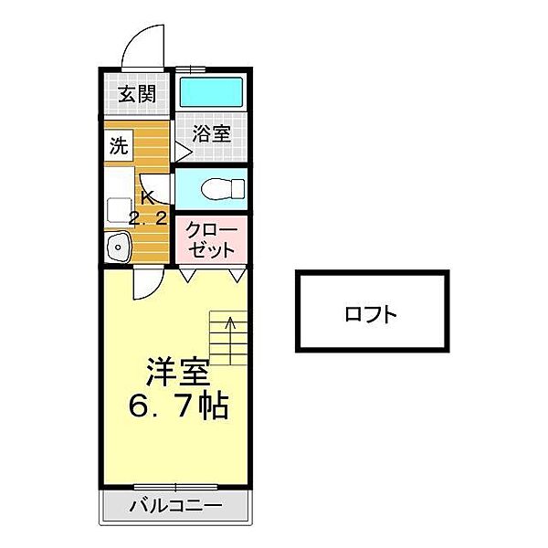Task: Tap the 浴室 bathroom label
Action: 211,132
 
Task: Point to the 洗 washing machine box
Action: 119,145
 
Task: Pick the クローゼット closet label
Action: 211,239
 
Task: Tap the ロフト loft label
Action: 371,316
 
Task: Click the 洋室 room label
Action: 177,373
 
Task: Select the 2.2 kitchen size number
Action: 147,219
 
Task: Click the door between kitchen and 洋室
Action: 145,283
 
